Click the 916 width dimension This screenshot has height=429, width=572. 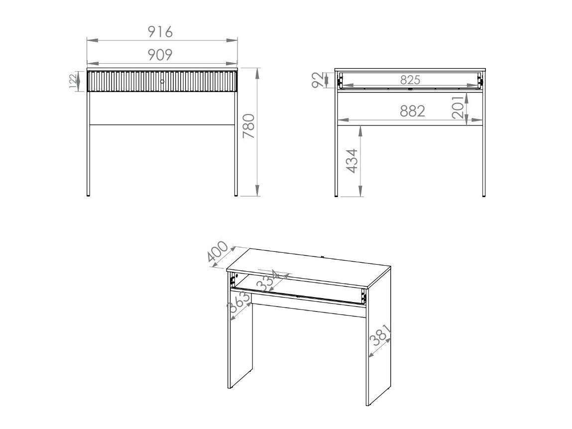(x=160, y=32)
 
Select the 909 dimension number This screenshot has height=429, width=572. (x=160, y=54)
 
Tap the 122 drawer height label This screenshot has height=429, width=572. (x=74, y=81)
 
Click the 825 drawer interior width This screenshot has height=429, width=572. (x=410, y=80)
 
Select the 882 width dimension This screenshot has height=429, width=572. (x=413, y=111)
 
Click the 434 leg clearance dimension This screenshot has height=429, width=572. (x=351, y=161)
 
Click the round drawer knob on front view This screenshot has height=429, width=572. (x=162, y=81)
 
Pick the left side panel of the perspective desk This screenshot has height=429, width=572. (x=240, y=343)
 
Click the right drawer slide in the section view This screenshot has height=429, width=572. (x=480, y=81)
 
